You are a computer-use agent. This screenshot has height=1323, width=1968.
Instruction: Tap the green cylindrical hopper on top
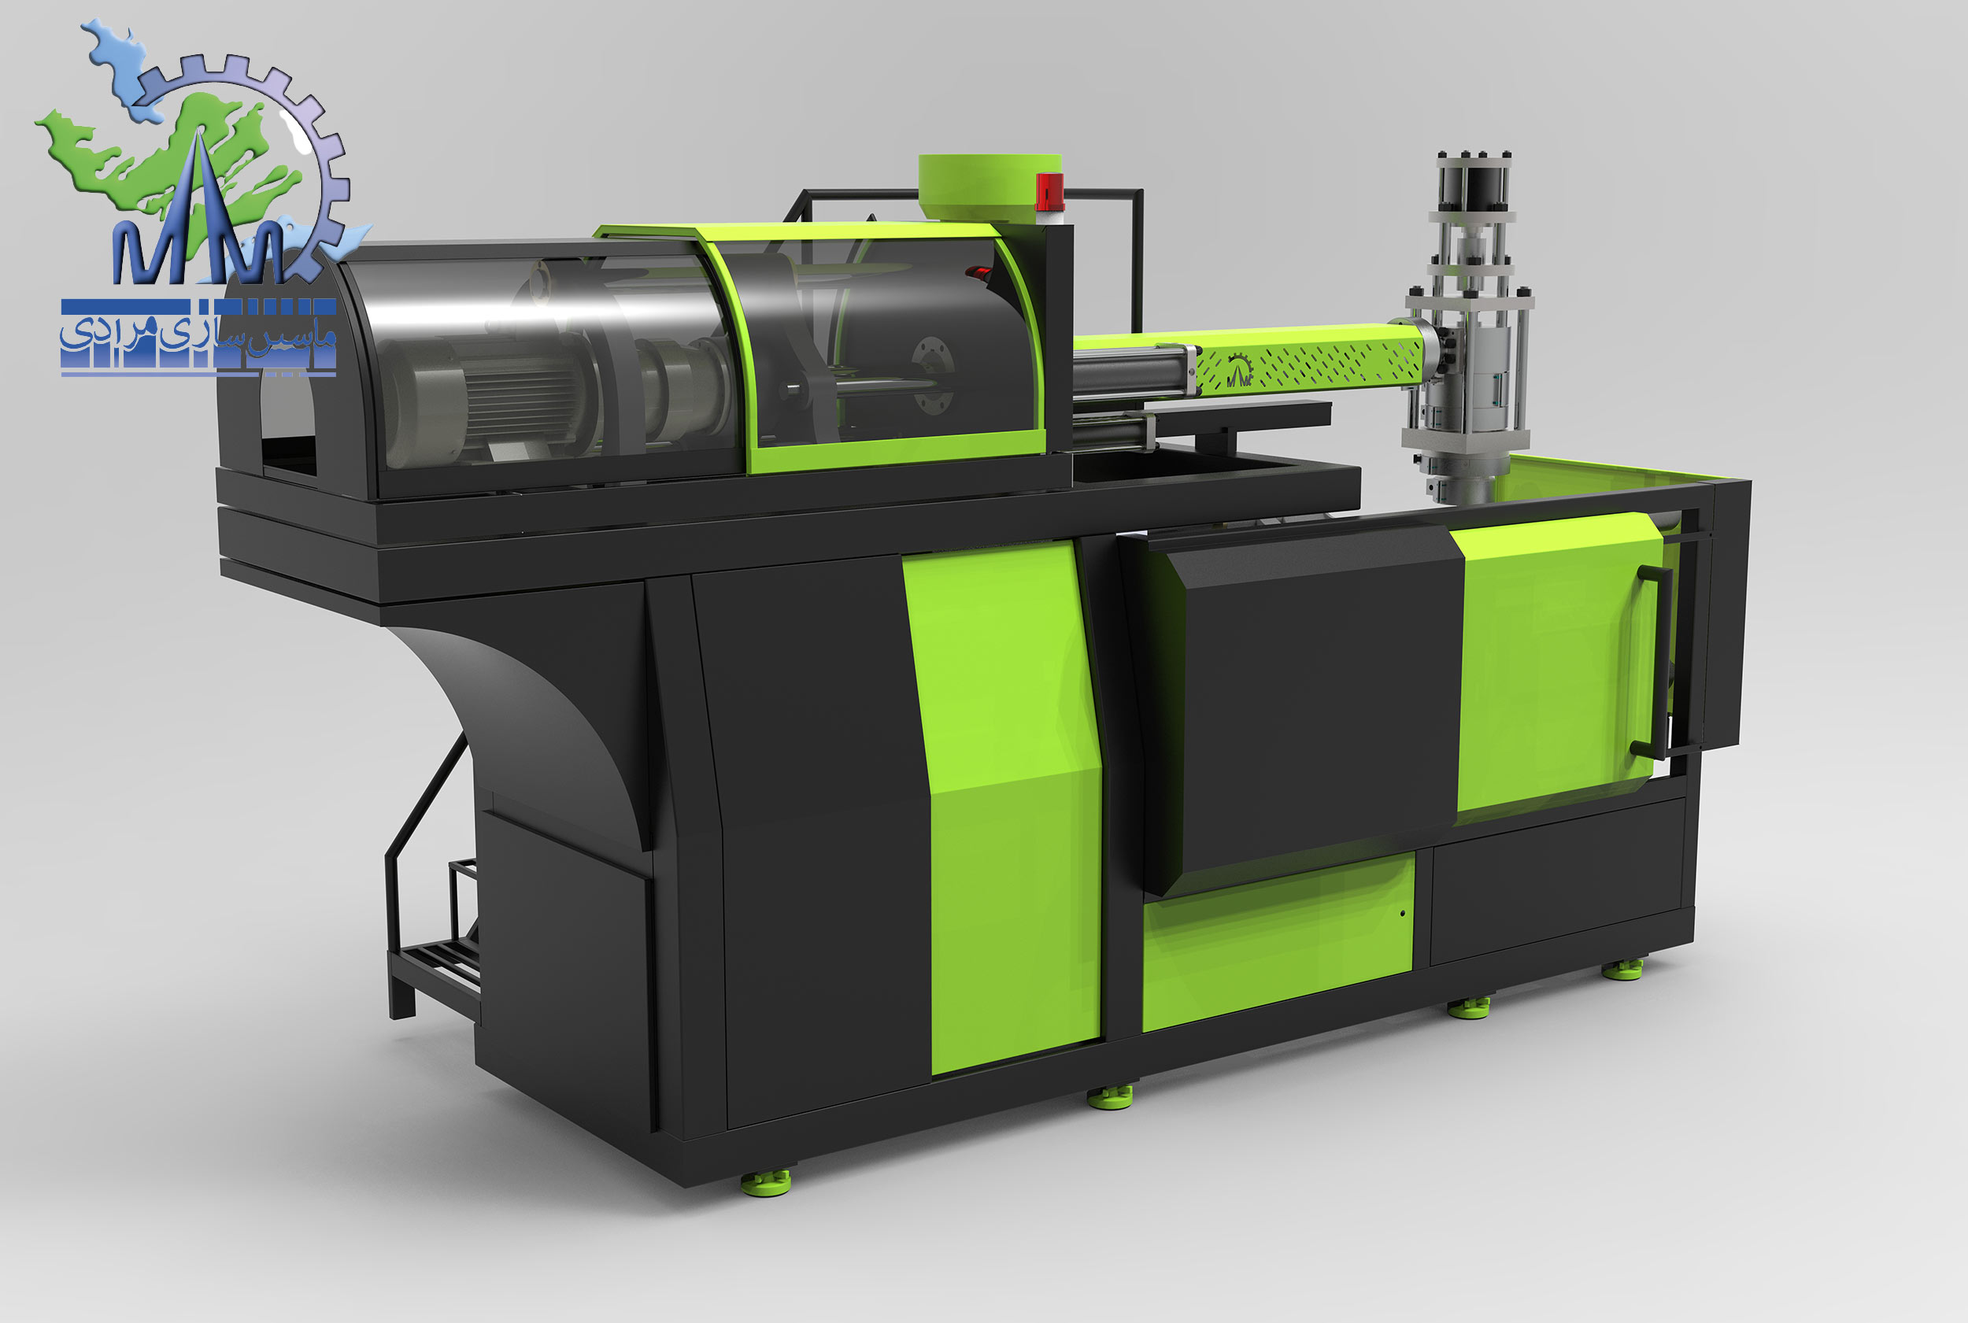click(989, 188)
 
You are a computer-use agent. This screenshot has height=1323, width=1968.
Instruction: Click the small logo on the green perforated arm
click(1238, 371)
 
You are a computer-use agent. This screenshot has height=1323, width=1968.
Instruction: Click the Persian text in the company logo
click(198, 335)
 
